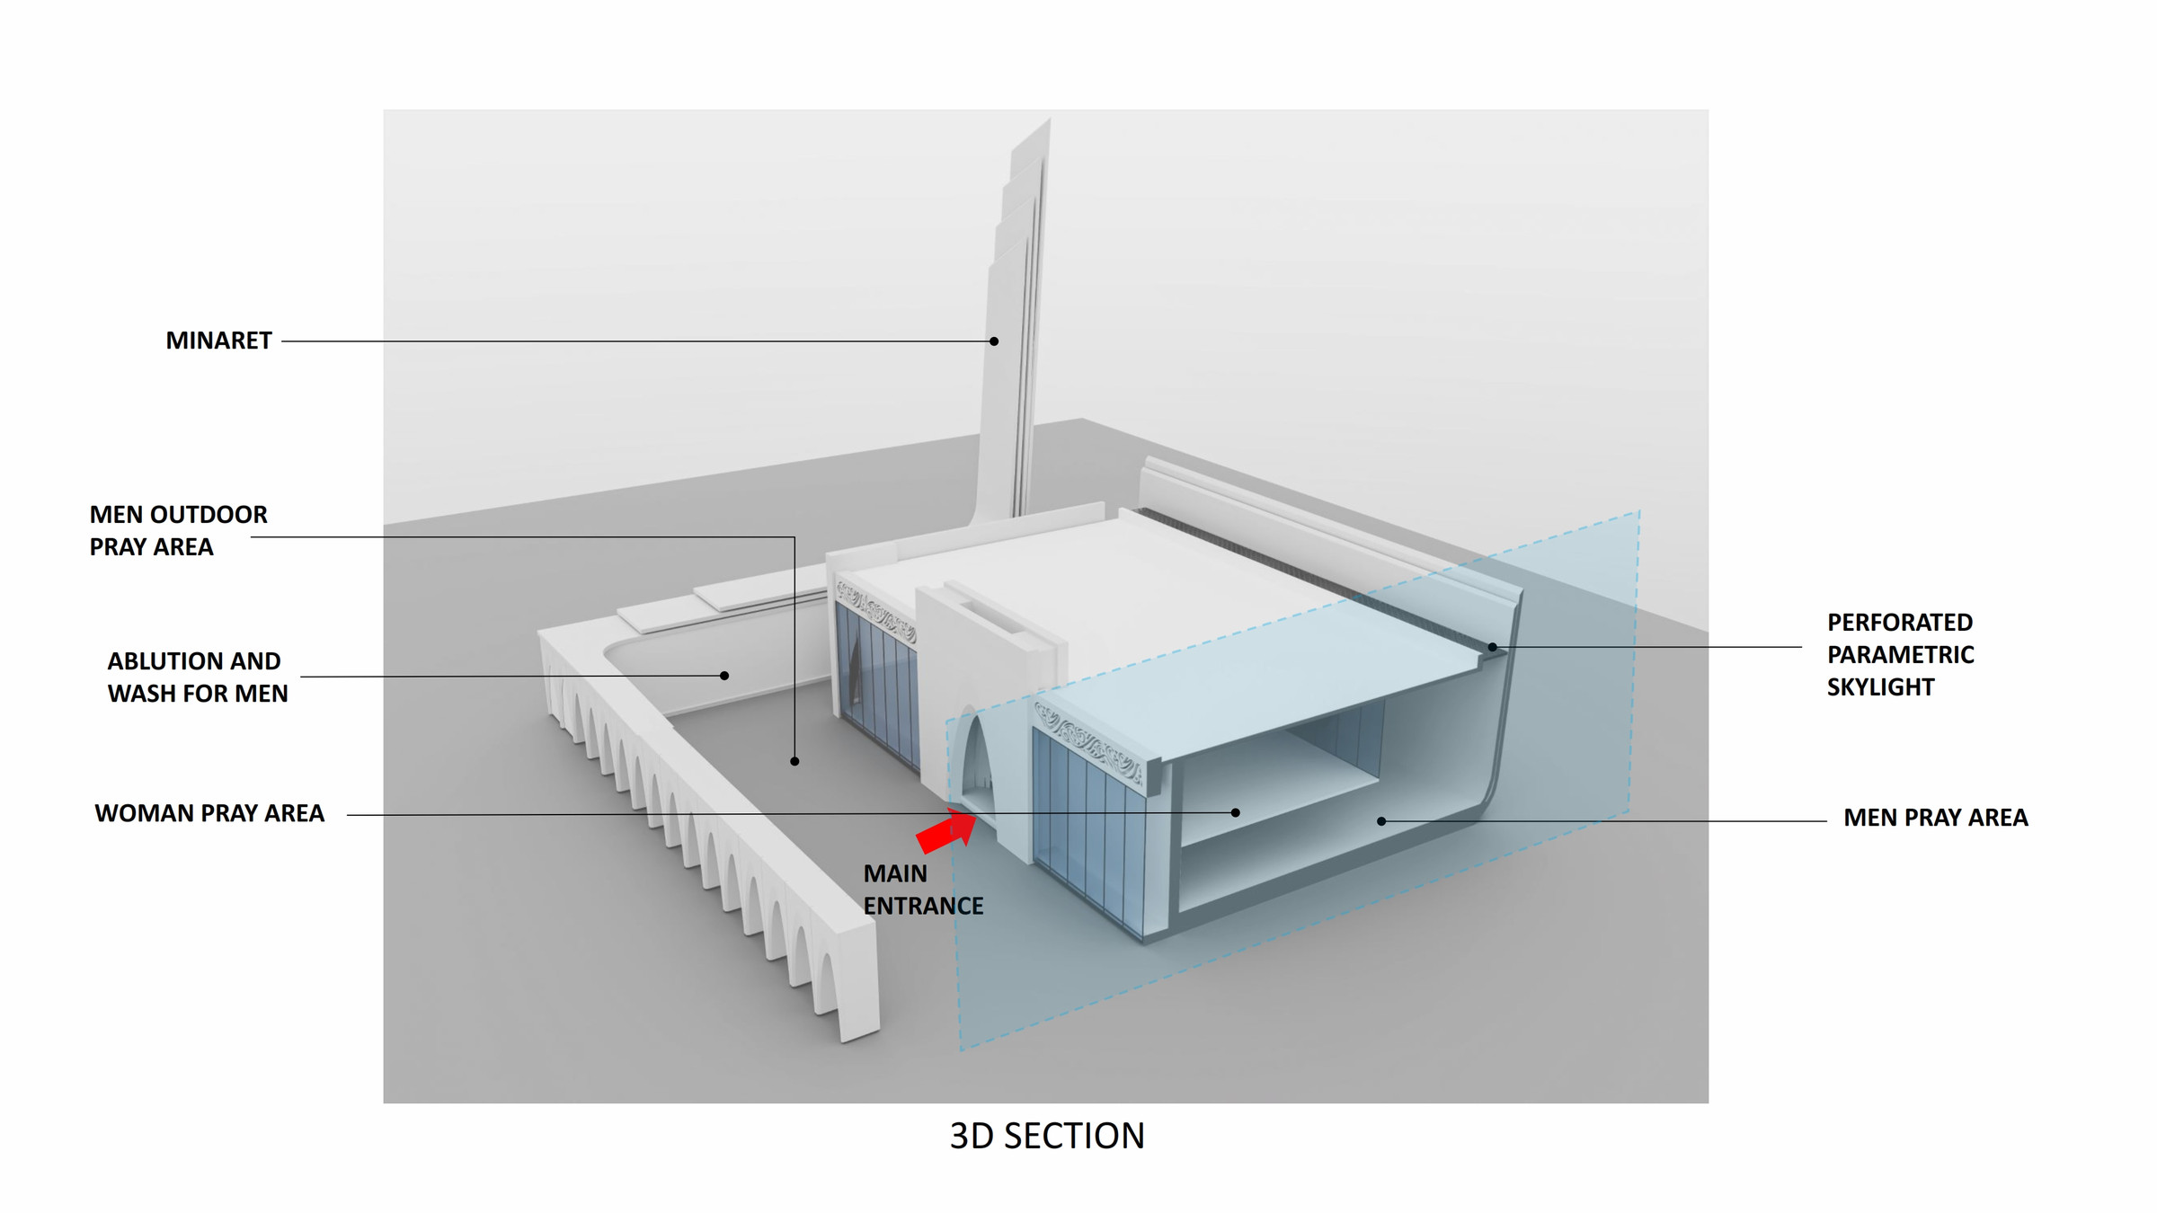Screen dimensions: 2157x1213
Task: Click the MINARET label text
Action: pos(218,341)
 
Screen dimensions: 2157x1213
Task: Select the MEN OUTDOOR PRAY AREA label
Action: pos(178,530)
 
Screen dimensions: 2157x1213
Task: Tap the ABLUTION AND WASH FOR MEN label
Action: pos(198,677)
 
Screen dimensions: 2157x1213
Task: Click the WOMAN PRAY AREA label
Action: pos(209,813)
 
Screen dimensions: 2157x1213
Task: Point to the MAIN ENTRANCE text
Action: pos(923,890)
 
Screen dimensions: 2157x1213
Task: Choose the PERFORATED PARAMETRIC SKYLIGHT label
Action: pos(1900,654)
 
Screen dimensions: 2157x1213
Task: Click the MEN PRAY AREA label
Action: pos(1936,818)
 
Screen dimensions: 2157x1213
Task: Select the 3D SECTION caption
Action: pos(1047,1136)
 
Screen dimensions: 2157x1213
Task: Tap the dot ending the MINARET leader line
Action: pos(994,341)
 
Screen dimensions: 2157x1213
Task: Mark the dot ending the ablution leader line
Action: pos(724,676)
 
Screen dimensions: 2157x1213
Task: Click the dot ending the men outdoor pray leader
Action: pos(794,761)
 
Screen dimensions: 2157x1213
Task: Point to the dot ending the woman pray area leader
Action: pos(1236,812)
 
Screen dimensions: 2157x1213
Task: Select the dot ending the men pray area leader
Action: pos(1381,820)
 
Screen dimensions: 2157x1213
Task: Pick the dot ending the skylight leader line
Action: pos(1492,647)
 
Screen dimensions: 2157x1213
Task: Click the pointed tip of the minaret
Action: pos(1049,119)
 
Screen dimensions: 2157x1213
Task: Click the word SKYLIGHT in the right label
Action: pos(1880,687)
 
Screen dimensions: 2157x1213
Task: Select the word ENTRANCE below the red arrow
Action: pos(923,906)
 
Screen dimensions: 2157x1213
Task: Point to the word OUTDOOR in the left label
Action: pos(209,515)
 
